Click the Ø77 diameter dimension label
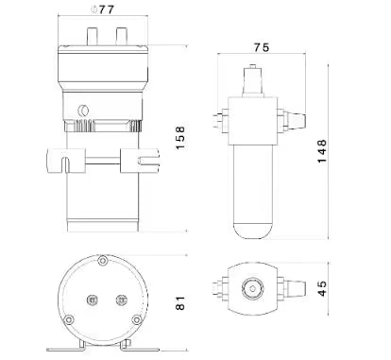(102, 9)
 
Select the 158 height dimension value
(180, 138)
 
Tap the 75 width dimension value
(262, 47)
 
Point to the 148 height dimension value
(322, 151)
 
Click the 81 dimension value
(180, 302)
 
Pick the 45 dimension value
(322, 288)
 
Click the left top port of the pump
(93, 36)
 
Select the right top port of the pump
(121, 36)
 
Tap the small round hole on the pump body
(83, 111)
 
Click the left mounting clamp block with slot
(66, 161)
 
